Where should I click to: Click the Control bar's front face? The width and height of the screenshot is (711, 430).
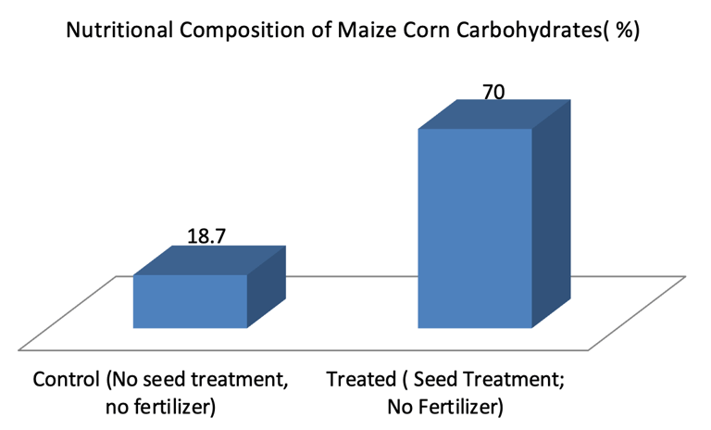pyautogui.click(x=190, y=301)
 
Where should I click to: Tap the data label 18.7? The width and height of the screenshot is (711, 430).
pyautogui.click(x=206, y=235)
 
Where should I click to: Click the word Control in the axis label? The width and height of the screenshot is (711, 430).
pyautogui.click(x=65, y=380)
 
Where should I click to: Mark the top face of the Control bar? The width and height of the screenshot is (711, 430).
pyautogui.click(x=208, y=260)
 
